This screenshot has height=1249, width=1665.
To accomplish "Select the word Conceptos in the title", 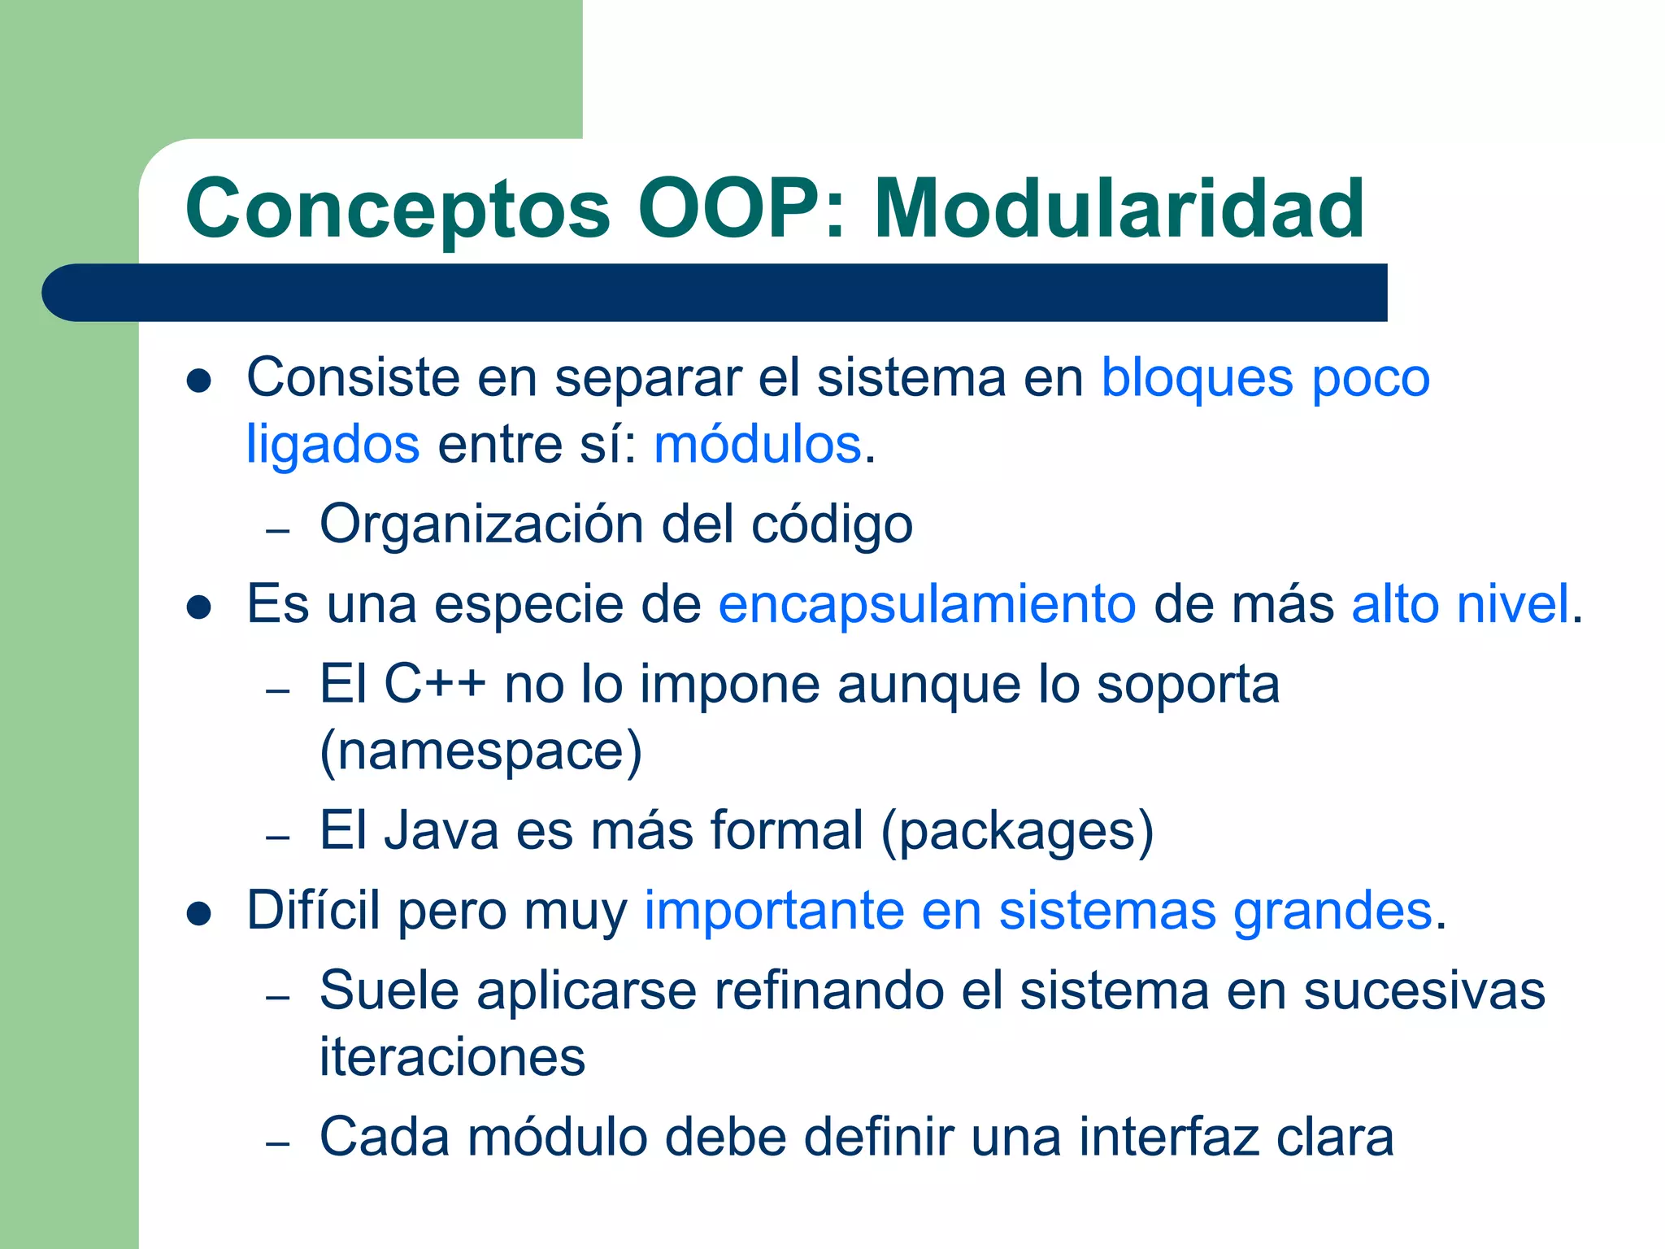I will tap(398, 211).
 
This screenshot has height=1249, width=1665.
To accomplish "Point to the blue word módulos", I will tap(758, 445).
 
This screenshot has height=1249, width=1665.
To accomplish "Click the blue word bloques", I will tap(1197, 379).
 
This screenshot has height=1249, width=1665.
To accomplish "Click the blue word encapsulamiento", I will tap(927, 605).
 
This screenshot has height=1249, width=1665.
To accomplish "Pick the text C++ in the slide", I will tap(435, 684).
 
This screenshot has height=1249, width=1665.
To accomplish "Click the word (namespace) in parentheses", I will tap(481, 751).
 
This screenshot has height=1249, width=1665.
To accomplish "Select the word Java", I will tap(441, 831).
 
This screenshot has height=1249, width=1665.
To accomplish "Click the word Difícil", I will tap(313, 910).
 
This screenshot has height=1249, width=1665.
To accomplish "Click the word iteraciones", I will tap(452, 1057).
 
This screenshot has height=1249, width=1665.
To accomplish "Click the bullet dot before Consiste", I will tap(199, 381).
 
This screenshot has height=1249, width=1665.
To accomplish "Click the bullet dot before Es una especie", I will tap(199, 607).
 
